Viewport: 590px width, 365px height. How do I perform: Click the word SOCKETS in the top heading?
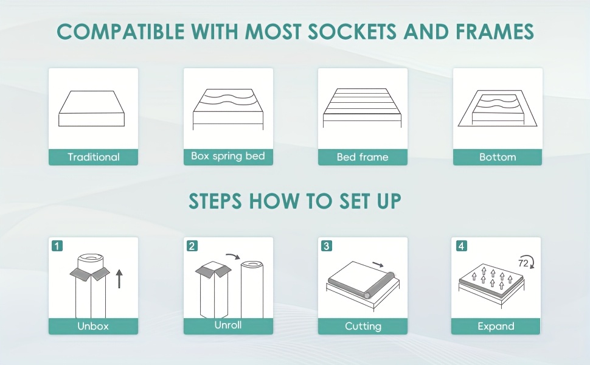pos(352,31)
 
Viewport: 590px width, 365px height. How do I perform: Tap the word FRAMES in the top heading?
pos(495,31)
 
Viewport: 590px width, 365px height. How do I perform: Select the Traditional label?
pos(93,157)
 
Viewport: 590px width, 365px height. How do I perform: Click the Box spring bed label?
pos(228,156)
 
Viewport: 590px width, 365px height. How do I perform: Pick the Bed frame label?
pos(363,157)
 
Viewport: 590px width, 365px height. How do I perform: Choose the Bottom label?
pos(498,157)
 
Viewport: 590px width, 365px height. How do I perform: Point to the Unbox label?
pos(93,326)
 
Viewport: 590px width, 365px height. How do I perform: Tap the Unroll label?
pos(228,325)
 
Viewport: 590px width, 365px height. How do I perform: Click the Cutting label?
pos(363,326)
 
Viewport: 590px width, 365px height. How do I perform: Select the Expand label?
pos(496,326)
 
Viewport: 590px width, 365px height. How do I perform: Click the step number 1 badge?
pos(57,246)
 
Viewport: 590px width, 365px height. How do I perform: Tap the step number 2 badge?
pos(192,246)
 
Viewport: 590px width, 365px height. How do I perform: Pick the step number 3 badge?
pos(326,246)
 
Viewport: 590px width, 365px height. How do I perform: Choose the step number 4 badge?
pos(461,246)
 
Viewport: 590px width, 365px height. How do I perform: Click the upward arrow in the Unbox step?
pos(119,279)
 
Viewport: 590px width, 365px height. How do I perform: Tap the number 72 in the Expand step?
pos(523,263)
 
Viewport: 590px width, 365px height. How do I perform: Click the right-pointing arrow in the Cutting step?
pos(378,265)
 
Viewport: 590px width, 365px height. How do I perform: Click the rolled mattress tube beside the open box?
pos(252,290)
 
